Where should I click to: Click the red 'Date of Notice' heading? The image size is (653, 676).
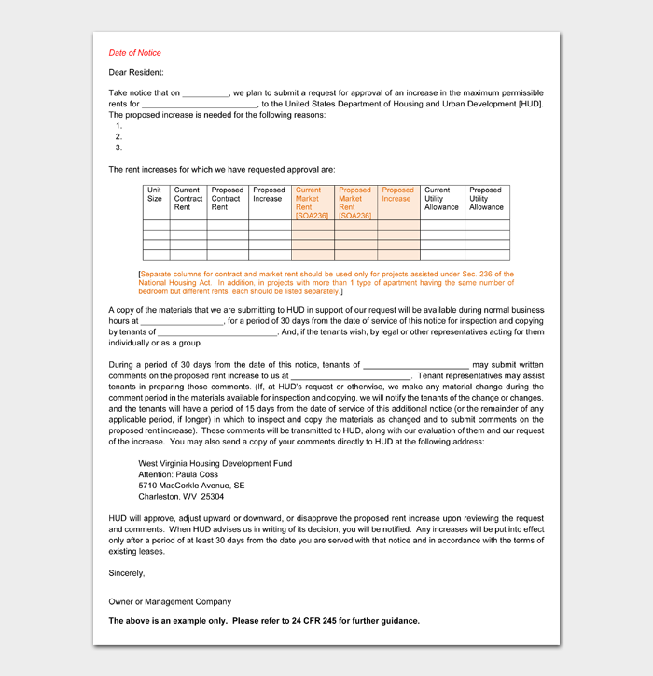click(134, 53)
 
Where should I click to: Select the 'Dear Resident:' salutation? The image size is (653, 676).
click(135, 72)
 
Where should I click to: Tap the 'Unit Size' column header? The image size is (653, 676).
click(155, 194)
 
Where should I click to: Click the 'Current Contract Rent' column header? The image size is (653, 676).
click(188, 198)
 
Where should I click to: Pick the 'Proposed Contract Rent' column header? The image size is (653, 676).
click(227, 198)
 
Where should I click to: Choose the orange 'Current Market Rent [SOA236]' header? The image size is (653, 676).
click(312, 203)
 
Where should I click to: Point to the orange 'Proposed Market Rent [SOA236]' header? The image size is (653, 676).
click(354, 203)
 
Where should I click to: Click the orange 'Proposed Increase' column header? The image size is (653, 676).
click(397, 194)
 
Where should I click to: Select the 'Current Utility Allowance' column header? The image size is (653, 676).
click(441, 198)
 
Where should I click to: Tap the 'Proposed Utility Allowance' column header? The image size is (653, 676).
click(486, 198)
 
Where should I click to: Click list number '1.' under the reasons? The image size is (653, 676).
click(118, 125)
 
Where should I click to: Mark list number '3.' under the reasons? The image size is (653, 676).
click(118, 148)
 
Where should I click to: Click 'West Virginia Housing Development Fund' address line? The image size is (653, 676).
click(215, 463)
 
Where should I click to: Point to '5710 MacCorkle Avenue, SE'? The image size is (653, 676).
click(191, 486)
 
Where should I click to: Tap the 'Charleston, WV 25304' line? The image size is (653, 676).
click(181, 497)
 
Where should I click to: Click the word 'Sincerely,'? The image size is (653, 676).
click(127, 572)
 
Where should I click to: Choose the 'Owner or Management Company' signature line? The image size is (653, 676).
click(170, 601)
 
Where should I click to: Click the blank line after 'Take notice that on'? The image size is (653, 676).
click(205, 94)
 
